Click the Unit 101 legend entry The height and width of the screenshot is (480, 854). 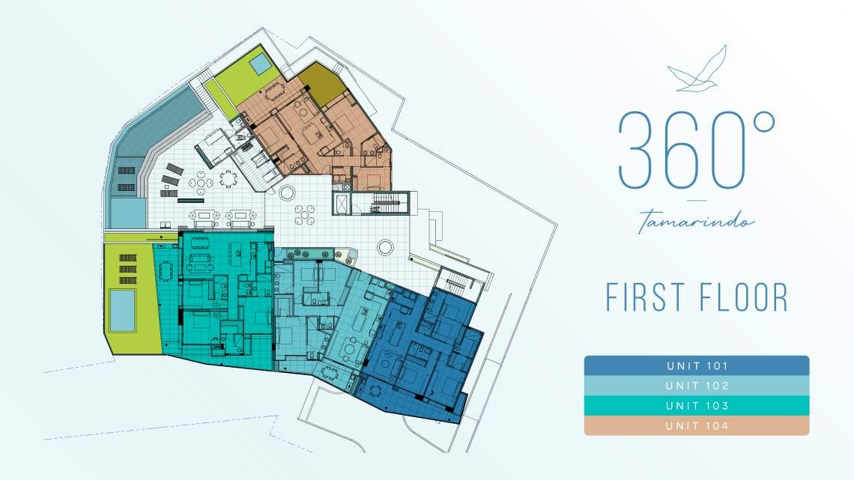[x=697, y=365]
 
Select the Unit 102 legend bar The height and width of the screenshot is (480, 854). [x=697, y=386]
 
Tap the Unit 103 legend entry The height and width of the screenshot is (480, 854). [x=697, y=406]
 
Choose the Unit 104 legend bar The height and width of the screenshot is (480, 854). [x=697, y=425]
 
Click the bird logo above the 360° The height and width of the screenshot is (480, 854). [x=697, y=69]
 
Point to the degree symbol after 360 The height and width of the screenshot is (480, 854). [x=763, y=122]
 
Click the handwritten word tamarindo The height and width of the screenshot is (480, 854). [x=697, y=220]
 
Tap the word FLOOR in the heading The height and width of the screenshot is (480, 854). [x=742, y=297]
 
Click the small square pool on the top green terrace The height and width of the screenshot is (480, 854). [x=261, y=64]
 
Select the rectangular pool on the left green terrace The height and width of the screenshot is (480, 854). [x=122, y=310]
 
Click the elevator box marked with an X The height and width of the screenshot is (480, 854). [x=341, y=204]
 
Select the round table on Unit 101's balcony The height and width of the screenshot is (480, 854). [x=375, y=389]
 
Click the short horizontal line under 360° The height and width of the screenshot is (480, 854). [x=697, y=200]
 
